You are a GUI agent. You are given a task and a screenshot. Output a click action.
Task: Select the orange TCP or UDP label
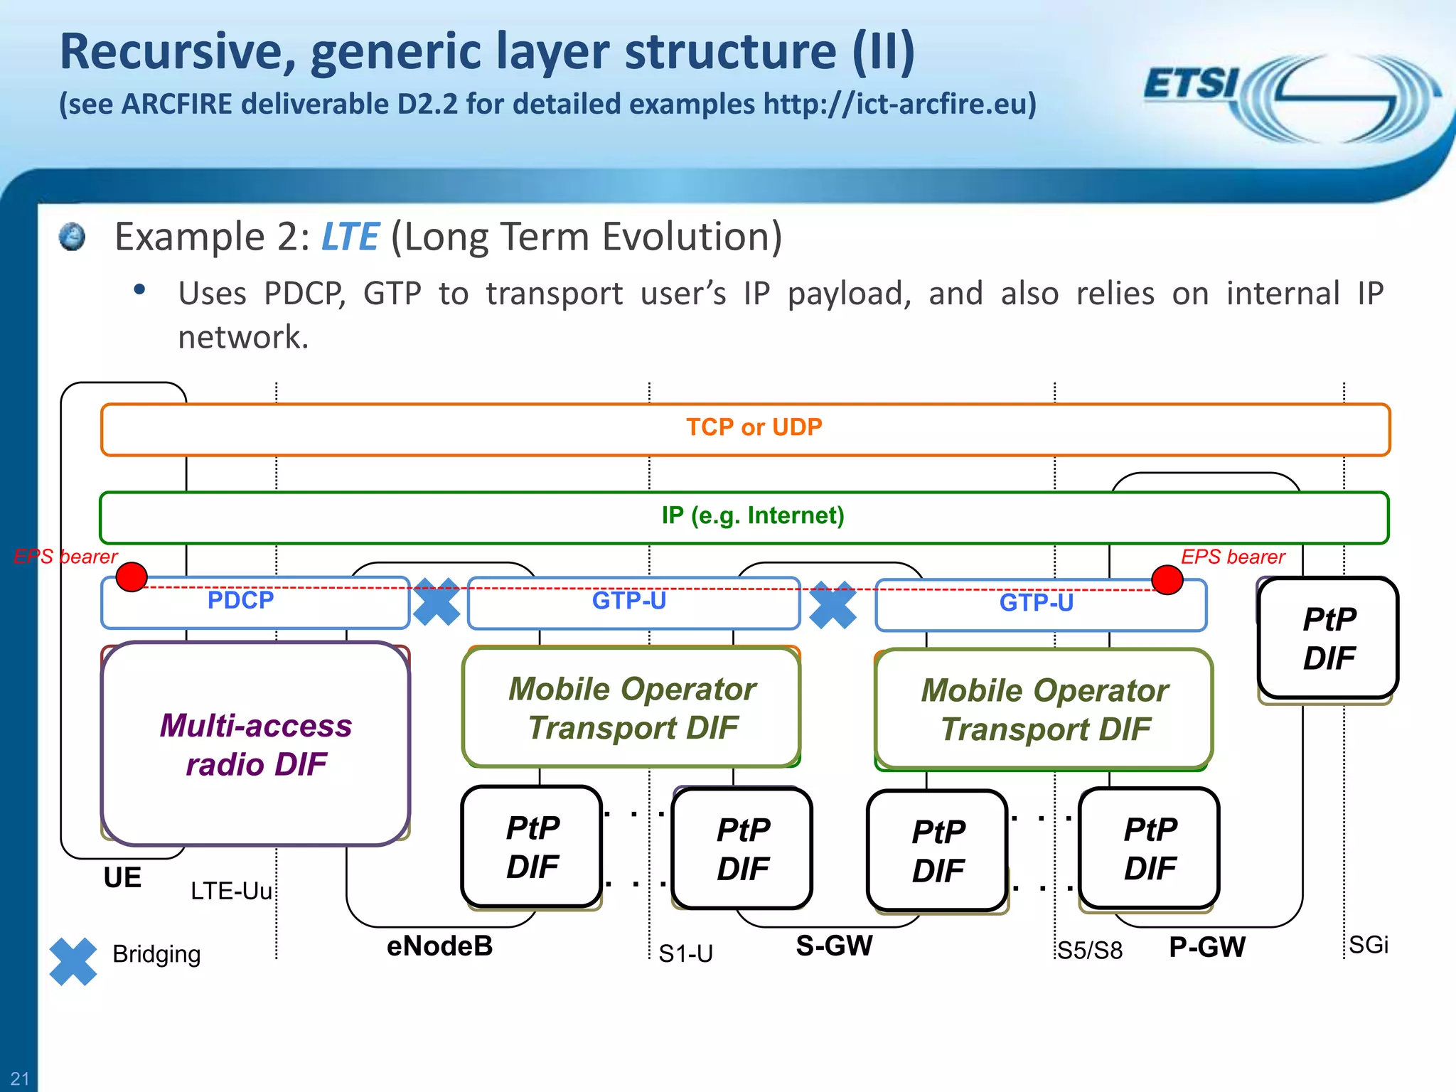pyautogui.click(x=754, y=427)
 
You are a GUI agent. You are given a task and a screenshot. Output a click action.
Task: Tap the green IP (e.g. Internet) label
pyautogui.click(x=753, y=515)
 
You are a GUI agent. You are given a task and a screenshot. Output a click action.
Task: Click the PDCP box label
pyautogui.click(x=240, y=601)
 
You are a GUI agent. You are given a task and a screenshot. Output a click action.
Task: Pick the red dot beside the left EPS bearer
pyautogui.click(x=132, y=577)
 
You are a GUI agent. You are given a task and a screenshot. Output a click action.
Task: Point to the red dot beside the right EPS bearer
pyautogui.click(x=1167, y=579)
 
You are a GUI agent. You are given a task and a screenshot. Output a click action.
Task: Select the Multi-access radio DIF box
pyautogui.click(x=256, y=744)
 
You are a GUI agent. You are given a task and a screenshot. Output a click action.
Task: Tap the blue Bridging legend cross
pyautogui.click(x=73, y=961)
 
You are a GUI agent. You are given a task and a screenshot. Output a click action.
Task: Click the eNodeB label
pyautogui.click(x=439, y=946)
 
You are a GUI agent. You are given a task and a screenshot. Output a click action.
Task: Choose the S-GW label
pyautogui.click(x=834, y=946)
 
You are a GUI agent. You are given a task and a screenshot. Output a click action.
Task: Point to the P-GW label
pyautogui.click(x=1206, y=947)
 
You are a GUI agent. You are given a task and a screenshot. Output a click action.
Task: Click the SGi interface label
pyautogui.click(x=1368, y=945)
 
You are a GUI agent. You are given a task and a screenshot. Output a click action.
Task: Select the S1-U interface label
pyautogui.click(x=685, y=953)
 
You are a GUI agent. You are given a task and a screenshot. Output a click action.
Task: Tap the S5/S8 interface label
pyautogui.click(x=1090, y=951)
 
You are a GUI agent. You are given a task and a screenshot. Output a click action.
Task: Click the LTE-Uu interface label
pyautogui.click(x=231, y=891)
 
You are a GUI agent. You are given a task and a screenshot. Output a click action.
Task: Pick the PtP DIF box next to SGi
pyautogui.click(x=1328, y=638)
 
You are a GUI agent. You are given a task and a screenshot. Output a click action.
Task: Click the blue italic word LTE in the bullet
pyautogui.click(x=350, y=237)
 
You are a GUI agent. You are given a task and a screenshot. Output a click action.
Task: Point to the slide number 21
pyautogui.click(x=20, y=1078)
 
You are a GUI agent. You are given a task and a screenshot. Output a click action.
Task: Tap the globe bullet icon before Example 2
pyautogui.click(x=72, y=237)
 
